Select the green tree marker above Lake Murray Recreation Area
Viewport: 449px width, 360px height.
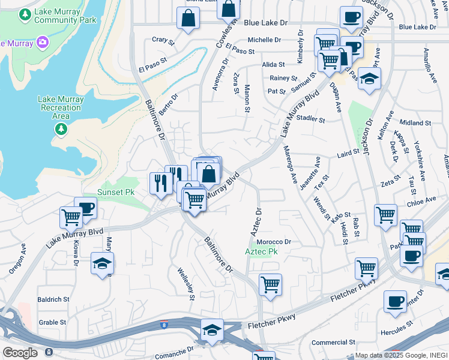click(60, 129)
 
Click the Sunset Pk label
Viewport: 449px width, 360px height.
click(116, 192)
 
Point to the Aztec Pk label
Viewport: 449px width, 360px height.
click(261, 251)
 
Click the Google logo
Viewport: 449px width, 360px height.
click(20, 353)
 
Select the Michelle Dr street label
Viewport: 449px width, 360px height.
click(264, 40)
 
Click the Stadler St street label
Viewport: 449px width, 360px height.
click(310, 119)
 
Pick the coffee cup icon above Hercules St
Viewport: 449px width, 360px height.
click(394, 301)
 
